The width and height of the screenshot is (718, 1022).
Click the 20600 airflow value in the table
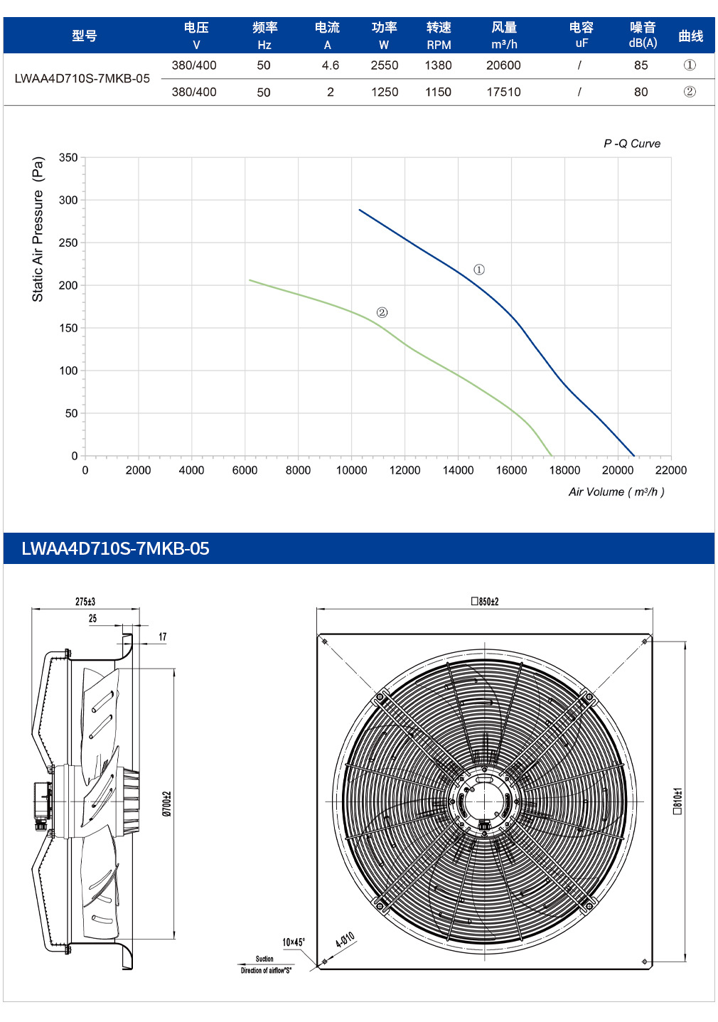pyautogui.click(x=503, y=65)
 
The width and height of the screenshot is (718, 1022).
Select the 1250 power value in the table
pyautogui.click(x=384, y=92)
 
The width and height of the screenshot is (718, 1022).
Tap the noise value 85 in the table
pyautogui.click(x=641, y=65)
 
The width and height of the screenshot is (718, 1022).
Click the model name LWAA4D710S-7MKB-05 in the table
pyautogui.click(x=82, y=78)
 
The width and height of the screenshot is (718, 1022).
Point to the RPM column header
pyautogui.click(x=439, y=46)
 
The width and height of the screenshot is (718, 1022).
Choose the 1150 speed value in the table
pyautogui.click(x=438, y=92)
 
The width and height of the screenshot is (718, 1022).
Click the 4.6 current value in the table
pyautogui.click(x=331, y=65)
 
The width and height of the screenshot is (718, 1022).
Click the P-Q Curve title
pyautogui.click(x=632, y=144)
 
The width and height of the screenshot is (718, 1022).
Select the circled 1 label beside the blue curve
pyautogui.click(x=478, y=270)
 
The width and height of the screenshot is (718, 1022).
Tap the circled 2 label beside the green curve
pyautogui.click(x=382, y=312)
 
